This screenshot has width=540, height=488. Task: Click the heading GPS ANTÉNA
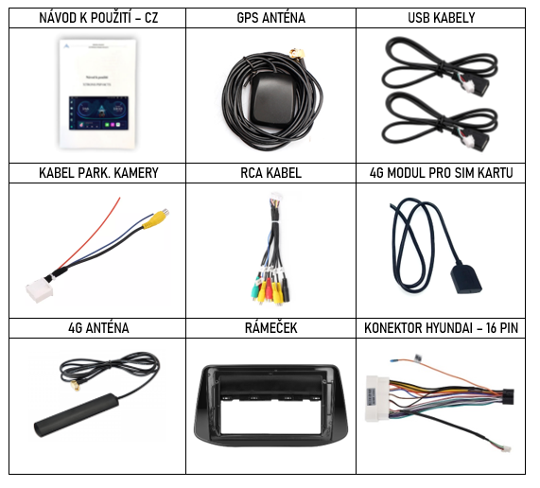pyautogui.click(x=271, y=18)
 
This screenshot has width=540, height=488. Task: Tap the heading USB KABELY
pyautogui.click(x=441, y=18)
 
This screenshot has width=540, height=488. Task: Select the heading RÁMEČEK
pyautogui.click(x=271, y=328)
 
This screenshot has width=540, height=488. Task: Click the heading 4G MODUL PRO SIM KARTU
pyautogui.click(x=441, y=173)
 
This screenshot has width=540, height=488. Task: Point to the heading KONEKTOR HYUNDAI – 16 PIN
pyautogui.click(x=441, y=328)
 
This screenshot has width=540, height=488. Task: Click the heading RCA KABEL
pyautogui.click(x=271, y=173)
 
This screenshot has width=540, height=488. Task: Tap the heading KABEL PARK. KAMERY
pyautogui.click(x=98, y=173)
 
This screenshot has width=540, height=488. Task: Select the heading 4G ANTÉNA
pyautogui.click(x=98, y=328)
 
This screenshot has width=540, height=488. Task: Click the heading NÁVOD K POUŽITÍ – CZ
pyautogui.click(x=98, y=18)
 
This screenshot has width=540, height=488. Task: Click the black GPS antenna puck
pyautogui.click(x=271, y=99)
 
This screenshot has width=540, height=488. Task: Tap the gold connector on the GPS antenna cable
pyautogui.click(x=297, y=54)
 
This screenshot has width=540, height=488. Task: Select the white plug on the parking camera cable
pyautogui.click(x=40, y=288)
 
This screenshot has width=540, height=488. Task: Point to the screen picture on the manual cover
pyautogui.click(x=98, y=113)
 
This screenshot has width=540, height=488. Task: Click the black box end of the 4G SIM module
pyautogui.click(x=466, y=278)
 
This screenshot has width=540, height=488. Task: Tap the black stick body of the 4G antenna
pyautogui.click(x=77, y=415)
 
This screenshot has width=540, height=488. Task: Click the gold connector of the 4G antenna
pyautogui.click(x=76, y=386)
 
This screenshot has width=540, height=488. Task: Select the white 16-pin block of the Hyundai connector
pyautogui.click(x=377, y=399)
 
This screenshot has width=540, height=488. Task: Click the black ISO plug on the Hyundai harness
pyautogui.click(x=507, y=396)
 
